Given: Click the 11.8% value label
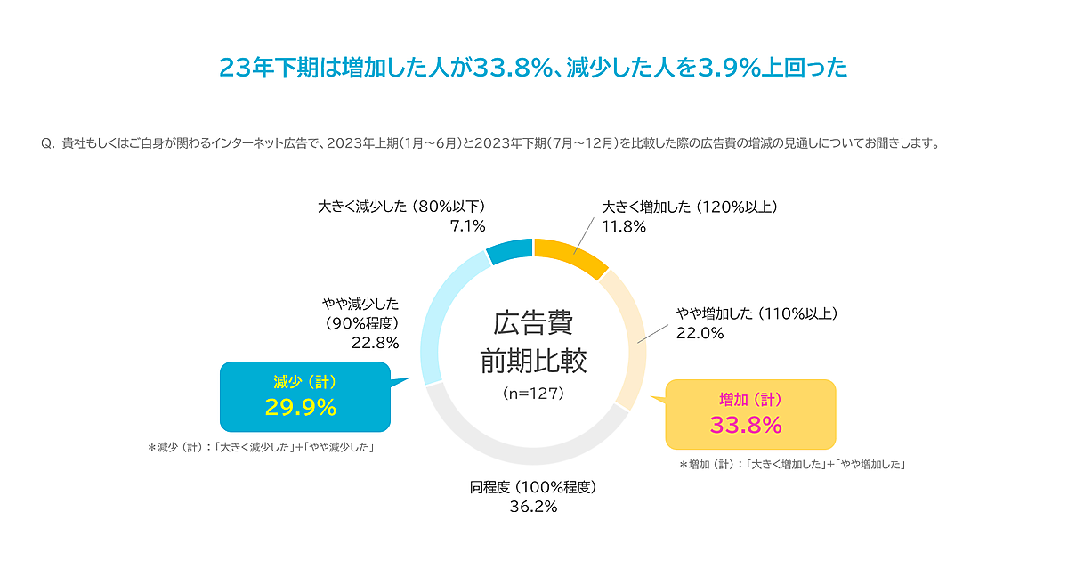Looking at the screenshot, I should pos(624,226).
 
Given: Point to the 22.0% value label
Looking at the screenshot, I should pos(700,333).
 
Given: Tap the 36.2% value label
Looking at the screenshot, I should pos(533,507).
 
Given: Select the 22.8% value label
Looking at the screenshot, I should pos(375,343).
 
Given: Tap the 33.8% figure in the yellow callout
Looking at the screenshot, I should pos(746,424).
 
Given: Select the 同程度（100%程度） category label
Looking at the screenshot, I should pos(533,487).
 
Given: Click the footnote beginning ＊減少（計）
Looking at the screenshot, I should pos(260,448).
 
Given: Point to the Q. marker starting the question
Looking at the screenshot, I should pos(48,142).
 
